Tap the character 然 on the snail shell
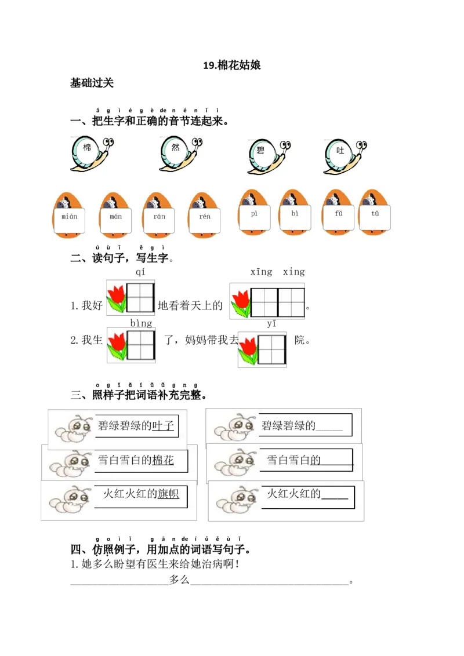coord(175,147)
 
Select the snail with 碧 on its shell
coord(267,155)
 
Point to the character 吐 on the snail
coord(340,150)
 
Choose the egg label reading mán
coord(115,217)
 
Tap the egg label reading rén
coord(205,217)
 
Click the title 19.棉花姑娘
coord(231,65)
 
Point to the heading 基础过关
coord(92,83)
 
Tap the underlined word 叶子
coord(163,426)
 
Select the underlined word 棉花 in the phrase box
coord(162,461)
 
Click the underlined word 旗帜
coord(168,494)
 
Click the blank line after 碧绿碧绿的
coord(329,427)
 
